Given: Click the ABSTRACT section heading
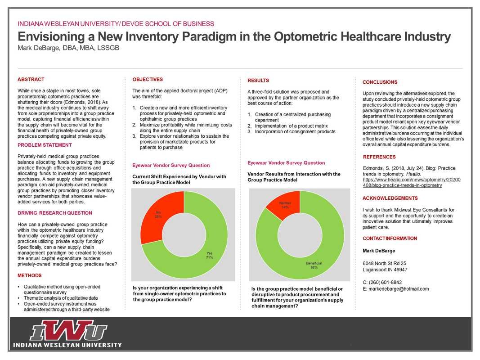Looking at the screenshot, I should pos(31,79).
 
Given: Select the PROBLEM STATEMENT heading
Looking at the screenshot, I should pos(45,145).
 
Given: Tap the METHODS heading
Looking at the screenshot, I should pos(30,275).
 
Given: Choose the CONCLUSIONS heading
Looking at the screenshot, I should pos(380,82).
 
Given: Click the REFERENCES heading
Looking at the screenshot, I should pos(379,157).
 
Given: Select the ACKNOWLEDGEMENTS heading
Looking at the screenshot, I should pos(390,198).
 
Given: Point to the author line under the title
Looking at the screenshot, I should pos(68,48).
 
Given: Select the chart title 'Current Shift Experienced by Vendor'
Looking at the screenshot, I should pos(179,176).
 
